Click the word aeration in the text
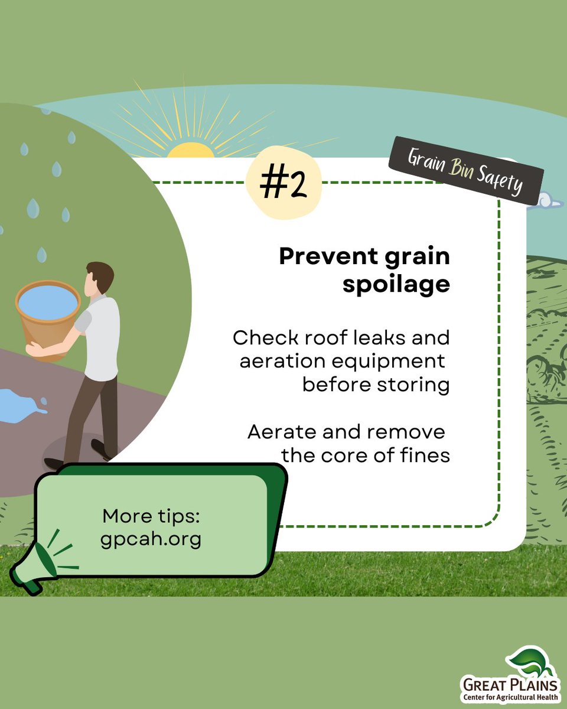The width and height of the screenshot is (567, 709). pyautogui.click(x=286, y=362)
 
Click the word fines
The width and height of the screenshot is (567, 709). pyautogui.click(x=423, y=456)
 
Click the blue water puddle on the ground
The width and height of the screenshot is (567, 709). pyautogui.click(x=21, y=405)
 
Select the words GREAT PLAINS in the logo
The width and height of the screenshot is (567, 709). pyautogui.click(x=509, y=685)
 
